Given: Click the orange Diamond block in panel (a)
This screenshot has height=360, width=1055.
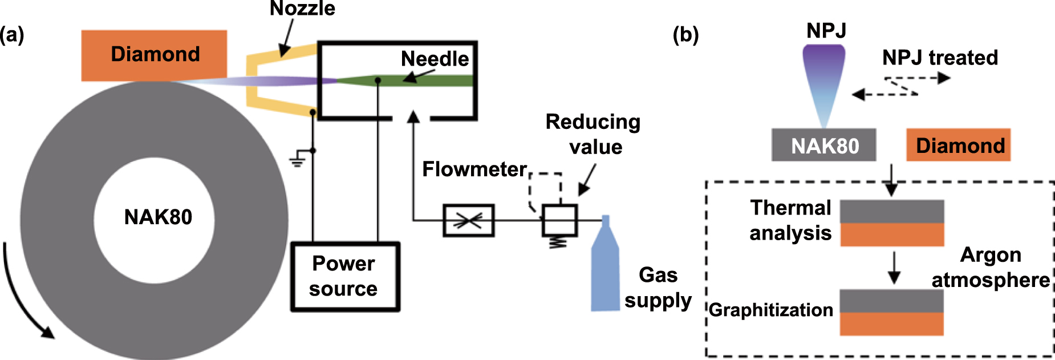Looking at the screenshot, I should pos(154,55).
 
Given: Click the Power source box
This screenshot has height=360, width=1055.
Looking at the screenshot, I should pos(344,277).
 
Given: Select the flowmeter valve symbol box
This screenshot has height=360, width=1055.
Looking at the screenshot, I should pos(468,220).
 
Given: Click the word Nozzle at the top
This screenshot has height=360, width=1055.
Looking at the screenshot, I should pos(302,9).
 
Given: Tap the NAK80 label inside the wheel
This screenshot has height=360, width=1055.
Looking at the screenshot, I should pos(158,217).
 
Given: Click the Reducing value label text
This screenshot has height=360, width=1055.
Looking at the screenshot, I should pos(593,134).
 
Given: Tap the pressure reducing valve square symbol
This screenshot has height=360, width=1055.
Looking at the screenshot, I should pos(559,220).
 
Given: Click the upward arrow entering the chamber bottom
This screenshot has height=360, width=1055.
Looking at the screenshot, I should pos(413,120).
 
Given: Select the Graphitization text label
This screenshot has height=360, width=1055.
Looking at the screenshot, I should pos(770,310).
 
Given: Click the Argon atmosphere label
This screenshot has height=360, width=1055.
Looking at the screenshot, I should pos(991,268).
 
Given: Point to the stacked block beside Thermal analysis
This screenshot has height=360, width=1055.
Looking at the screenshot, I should pos(892,223).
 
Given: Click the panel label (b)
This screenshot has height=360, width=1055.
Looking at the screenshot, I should pos(685,35).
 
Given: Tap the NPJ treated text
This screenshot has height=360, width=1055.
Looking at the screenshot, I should pos(940,58).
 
